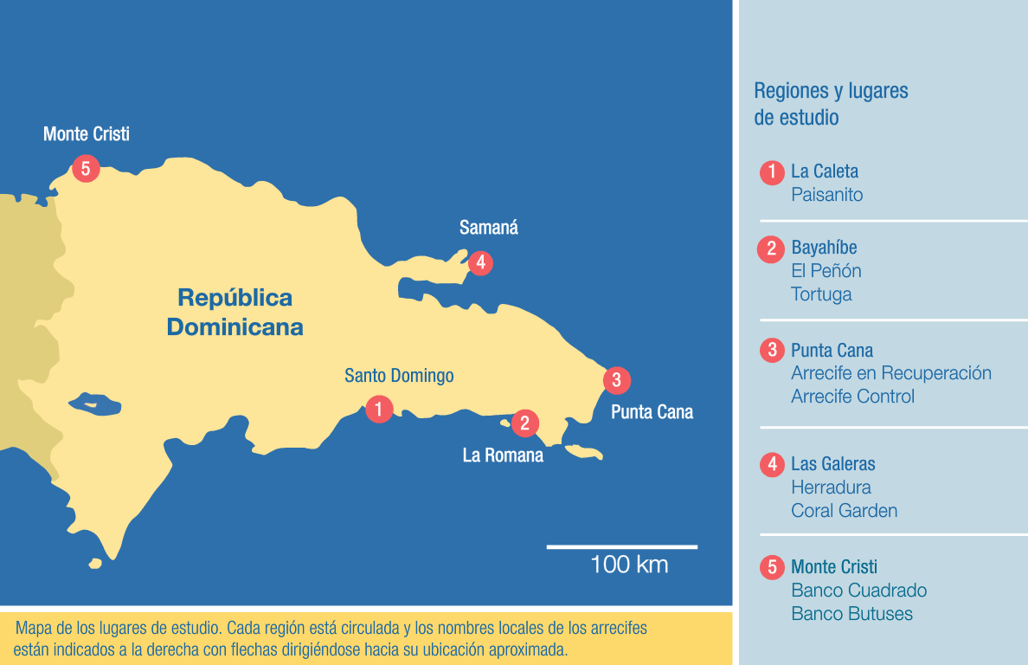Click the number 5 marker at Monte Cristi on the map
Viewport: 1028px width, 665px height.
(85, 167)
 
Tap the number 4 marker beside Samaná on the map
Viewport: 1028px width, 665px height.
(479, 261)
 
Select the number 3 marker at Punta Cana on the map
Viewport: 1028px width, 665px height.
(616, 379)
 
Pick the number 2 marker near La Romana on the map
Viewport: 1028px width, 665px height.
(524, 423)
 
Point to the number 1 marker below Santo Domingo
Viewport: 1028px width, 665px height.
(379, 408)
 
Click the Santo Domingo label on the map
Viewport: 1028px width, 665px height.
(399, 376)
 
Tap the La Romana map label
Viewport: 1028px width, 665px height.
(503, 455)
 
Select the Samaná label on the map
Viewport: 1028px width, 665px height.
(489, 228)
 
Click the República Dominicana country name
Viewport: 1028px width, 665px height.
(235, 313)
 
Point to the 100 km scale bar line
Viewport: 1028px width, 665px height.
(621, 546)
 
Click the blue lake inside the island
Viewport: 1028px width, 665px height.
(94, 404)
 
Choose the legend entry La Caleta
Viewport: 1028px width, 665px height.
(825, 171)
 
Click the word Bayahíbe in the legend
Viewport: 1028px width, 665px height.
(824, 249)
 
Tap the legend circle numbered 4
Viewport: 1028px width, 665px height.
(771, 464)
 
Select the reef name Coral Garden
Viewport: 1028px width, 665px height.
(844, 511)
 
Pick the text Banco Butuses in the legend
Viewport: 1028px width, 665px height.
(851, 614)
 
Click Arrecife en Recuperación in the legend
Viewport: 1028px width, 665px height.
(890, 373)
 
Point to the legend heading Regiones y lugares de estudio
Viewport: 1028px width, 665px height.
(831, 103)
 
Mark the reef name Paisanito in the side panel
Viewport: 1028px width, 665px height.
(826, 195)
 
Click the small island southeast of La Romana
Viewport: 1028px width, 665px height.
(583, 453)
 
